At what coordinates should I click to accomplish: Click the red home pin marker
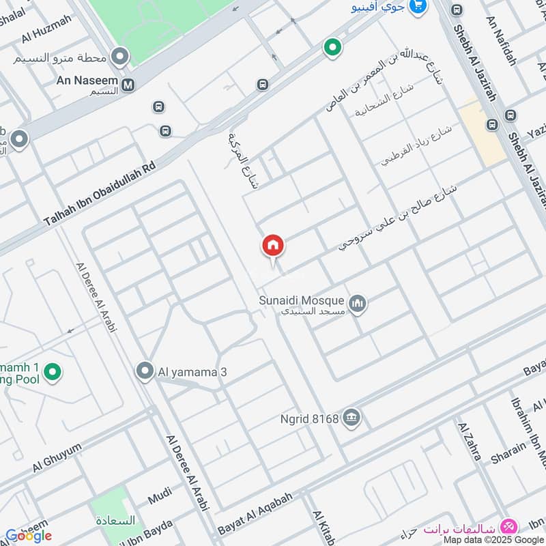273,246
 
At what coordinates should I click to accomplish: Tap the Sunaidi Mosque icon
358,303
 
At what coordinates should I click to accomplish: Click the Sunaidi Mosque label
302,300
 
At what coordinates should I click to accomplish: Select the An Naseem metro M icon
128,85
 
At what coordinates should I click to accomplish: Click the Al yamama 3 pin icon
144,372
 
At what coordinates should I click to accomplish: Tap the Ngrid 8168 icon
351,418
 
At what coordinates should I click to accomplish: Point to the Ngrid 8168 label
309,418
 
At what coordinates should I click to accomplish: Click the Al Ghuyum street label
57,457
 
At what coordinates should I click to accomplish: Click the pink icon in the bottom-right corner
508,527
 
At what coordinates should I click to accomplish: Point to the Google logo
29,536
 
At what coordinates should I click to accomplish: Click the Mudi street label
160,497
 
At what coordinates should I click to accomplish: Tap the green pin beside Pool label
52,372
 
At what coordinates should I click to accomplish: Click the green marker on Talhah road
332,47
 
